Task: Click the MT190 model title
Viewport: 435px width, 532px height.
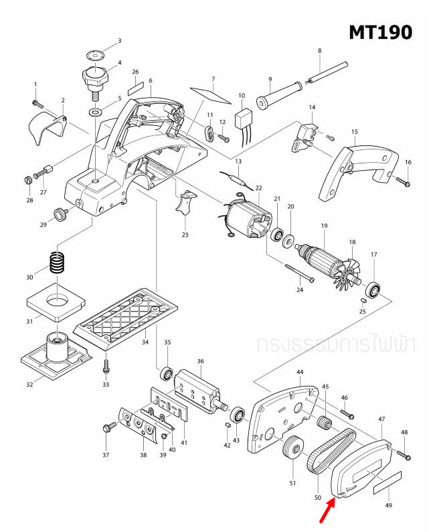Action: point(380,31)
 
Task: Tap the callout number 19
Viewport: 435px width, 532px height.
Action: point(323,226)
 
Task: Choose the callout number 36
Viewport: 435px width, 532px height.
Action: point(200,361)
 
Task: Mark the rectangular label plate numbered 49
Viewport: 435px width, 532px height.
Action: point(386,481)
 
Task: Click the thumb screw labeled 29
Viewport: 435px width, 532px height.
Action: point(62,214)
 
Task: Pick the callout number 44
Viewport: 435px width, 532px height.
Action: point(300,371)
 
